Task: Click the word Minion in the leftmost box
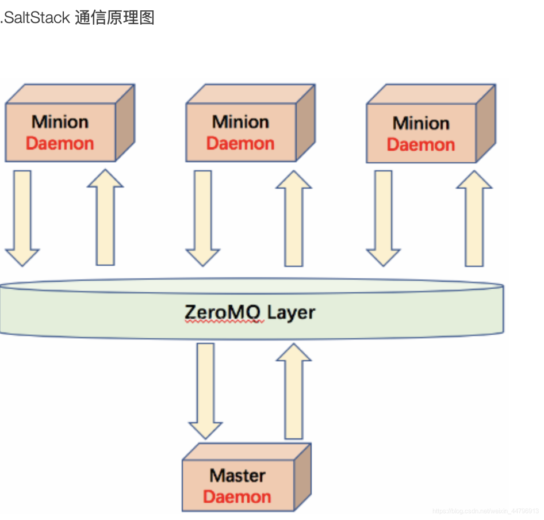click(x=60, y=122)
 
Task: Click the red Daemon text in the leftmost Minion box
click(x=60, y=143)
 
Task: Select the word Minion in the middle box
click(x=240, y=122)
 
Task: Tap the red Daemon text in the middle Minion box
click(x=240, y=143)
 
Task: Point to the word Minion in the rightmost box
click(x=421, y=123)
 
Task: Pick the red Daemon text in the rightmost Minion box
click(x=421, y=144)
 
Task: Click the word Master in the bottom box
click(x=237, y=476)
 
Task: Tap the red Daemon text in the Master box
click(x=237, y=497)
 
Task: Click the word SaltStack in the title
click(x=37, y=18)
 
